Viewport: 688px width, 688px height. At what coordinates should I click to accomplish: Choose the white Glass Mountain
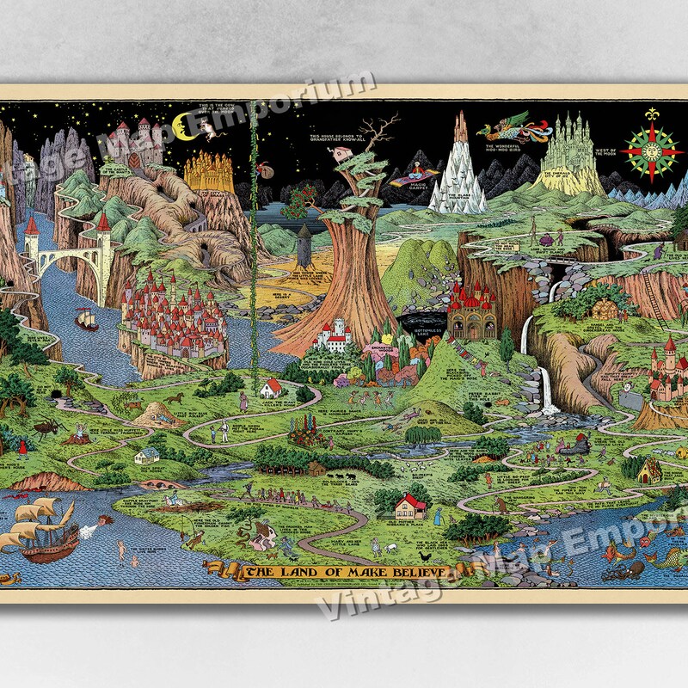456,176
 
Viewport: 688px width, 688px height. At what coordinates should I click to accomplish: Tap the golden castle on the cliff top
208,172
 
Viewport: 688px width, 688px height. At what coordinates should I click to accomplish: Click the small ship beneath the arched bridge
87,320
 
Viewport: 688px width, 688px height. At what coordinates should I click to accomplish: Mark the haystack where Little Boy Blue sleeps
156,416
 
